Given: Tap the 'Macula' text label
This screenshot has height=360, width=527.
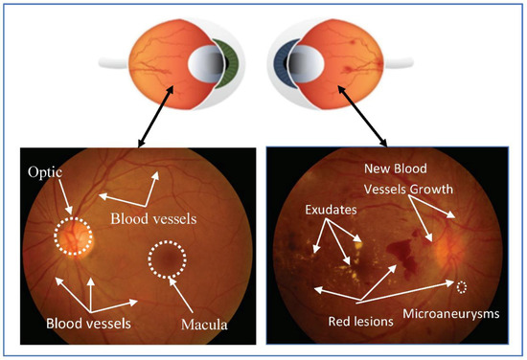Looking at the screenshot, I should [204, 326].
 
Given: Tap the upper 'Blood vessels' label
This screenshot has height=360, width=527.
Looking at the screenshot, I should [152, 218].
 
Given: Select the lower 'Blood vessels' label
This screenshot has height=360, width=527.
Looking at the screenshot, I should [88, 323].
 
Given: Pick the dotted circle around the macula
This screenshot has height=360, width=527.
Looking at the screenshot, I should [168, 259].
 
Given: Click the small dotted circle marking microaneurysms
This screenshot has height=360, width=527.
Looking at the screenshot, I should [464, 286].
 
